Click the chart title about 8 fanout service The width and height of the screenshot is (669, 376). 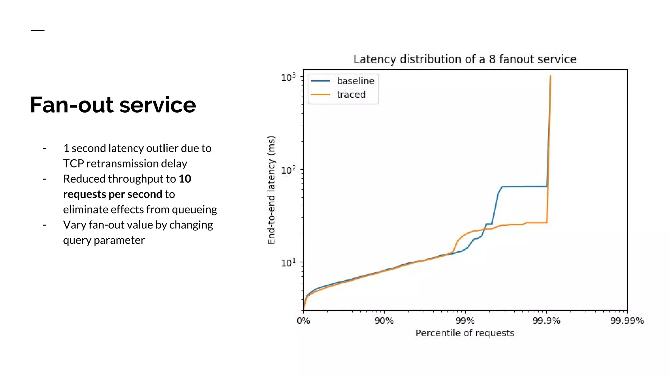coord(465,59)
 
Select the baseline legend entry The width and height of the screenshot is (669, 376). coord(355,81)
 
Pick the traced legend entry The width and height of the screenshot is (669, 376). coord(351,95)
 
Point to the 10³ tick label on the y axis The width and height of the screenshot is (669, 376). coord(288,77)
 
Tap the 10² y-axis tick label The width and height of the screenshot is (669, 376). coord(288,170)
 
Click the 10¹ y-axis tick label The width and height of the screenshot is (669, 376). coord(288,262)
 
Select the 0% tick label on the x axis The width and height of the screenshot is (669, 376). coord(303,321)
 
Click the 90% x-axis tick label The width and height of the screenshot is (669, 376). coord(384,321)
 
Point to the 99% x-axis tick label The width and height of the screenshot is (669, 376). coord(465,321)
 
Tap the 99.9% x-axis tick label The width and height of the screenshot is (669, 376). coord(546,321)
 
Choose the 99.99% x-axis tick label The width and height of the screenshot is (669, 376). coord(627,321)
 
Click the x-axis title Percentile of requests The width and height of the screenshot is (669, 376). coord(465,333)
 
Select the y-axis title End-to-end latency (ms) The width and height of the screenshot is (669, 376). coord(271,190)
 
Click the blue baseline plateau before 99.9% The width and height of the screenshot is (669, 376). coord(524,187)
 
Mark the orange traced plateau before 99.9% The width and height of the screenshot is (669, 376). coord(536,223)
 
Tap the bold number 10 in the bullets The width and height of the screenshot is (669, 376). coord(185,179)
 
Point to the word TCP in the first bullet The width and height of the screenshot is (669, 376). coord(73,164)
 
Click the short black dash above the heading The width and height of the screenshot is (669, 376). coord(38,30)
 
